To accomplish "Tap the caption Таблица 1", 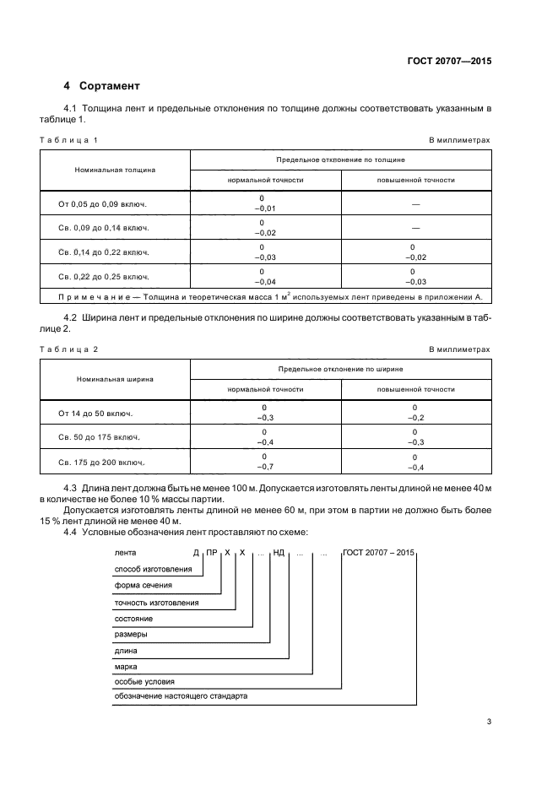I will [69, 139].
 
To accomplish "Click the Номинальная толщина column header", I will [115, 169].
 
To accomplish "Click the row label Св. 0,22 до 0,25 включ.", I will [103, 276].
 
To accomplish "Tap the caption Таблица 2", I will [69, 349].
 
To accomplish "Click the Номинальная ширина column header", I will [115, 379].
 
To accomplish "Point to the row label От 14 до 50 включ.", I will [96, 413].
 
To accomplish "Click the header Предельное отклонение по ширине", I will [340, 369].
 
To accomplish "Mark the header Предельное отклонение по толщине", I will [340, 159].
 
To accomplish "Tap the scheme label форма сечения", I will [143, 584].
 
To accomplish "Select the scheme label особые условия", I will [144, 680].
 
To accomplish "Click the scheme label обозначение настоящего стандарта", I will [181, 696].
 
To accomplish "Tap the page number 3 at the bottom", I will [489, 721].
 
